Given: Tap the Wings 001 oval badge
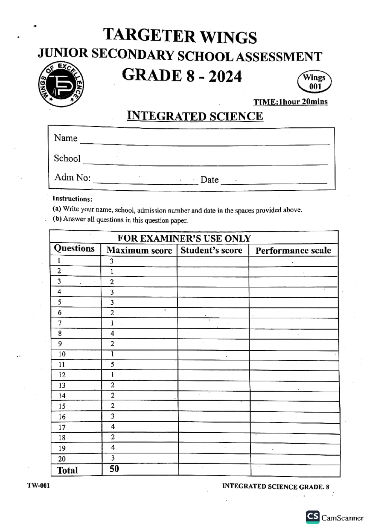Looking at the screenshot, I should [x=314, y=82].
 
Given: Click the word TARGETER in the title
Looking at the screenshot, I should [x=149, y=36].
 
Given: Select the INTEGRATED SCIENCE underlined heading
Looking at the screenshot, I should [x=195, y=116].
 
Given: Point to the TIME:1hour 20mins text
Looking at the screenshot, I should [x=290, y=102].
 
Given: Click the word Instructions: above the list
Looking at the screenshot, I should [x=72, y=199].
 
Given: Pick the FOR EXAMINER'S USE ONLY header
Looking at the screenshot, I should [x=184, y=238].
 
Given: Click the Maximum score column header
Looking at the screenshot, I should [x=139, y=250].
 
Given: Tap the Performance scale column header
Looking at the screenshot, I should [x=293, y=251].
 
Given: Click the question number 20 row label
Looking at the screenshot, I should [x=62, y=459].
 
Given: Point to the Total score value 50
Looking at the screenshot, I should [x=114, y=469].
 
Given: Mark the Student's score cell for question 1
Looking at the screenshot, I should [x=213, y=261].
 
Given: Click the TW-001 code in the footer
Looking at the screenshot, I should [x=38, y=486].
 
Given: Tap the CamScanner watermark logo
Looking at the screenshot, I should [x=313, y=517].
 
